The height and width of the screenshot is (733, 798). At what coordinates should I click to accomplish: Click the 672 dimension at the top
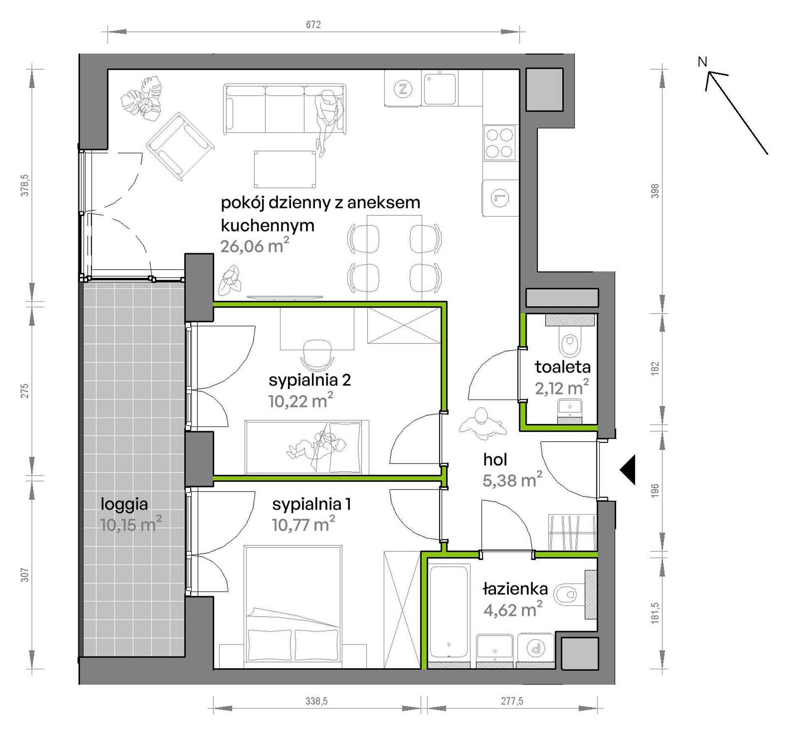pyautogui.click(x=313, y=25)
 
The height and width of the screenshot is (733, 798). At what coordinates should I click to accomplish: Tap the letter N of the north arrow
pyautogui.click(x=702, y=62)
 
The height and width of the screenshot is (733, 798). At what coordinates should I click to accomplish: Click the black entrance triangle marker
pyautogui.click(x=627, y=470)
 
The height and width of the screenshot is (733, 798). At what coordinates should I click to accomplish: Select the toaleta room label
pyautogui.click(x=562, y=367)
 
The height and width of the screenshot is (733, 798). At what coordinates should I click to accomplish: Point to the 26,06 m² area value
pyautogui.click(x=255, y=245)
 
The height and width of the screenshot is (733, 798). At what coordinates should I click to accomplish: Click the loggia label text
pyautogui.click(x=124, y=504)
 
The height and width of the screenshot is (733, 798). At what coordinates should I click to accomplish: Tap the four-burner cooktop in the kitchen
pyautogui.click(x=500, y=143)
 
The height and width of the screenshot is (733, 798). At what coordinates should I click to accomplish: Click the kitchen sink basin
pyautogui.click(x=440, y=89)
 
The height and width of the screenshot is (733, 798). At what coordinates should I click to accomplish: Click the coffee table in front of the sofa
pyautogui.click(x=285, y=169)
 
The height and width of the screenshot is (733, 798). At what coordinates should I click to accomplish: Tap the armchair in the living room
pyautogui.click(x=180, y=147)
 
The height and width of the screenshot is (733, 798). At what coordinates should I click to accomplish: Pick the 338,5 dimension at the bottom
pyautogui.click(x=316, y=701)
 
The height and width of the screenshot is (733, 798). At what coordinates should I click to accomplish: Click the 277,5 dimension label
pyautogui.click(x=512, y=701)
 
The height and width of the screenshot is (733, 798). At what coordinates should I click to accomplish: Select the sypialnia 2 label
pyautogui.click(x=310, y=380)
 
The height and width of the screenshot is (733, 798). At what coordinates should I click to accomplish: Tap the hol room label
pyautogui.click(x=495, y=460)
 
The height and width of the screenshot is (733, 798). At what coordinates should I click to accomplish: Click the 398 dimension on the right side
pyautogui.click(x=655, y=191)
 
